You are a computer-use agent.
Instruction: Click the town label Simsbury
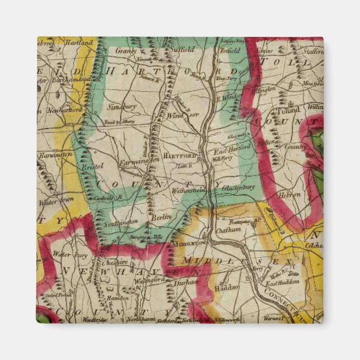tap(122, 105)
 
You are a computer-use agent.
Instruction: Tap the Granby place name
tap(126, 50)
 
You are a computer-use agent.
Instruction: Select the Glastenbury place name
tap(238, 188)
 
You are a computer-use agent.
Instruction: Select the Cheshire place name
tap(115, 262)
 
